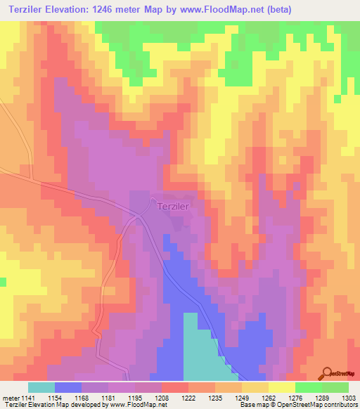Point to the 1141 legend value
(x=28, y=397)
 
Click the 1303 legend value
(x=349, y=397)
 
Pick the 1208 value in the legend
(x=162, y=397)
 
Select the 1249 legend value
(x=241, y=397)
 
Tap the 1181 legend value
(x=108, y=397)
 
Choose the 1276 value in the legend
(x=295, y=397)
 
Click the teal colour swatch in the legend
(x=41, y=387)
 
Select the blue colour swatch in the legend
(x=68, y=387)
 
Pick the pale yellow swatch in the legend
(x=281, y=387)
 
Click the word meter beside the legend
(x=10, y=397)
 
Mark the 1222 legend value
(x=188, y=397)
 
